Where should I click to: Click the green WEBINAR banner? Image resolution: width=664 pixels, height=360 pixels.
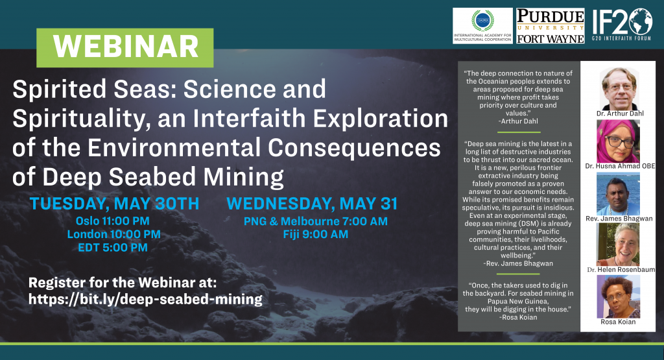[x=125, y=48]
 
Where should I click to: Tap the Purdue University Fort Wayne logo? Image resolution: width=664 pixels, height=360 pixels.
[x=550, y=26]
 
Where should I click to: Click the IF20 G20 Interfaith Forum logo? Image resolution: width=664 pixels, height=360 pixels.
[x=622, y=25]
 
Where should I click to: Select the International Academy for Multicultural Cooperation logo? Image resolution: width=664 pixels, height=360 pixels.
[x=482, y=26]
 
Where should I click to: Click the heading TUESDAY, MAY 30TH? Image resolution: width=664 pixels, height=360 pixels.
[x=114, y=204]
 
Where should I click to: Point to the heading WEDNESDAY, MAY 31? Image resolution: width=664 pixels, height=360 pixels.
[x=312, y=204]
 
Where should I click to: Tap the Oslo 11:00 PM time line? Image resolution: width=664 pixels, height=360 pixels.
[x=113, y=221]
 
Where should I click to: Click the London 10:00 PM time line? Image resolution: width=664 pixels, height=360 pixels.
[x=114, y=234]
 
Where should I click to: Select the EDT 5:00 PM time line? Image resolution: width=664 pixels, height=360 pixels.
[x=113, y=247]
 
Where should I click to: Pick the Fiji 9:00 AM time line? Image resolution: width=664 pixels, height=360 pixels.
[x=316, y=234]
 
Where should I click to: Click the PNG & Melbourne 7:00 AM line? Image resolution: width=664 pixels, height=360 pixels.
[x=316, y=221]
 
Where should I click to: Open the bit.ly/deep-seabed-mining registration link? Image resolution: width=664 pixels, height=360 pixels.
[x=145, y=299]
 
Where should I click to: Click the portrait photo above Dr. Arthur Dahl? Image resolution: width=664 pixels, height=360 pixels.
[x=619, y=88]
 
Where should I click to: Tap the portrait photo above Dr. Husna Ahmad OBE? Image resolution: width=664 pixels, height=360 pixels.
[x=618, y=141]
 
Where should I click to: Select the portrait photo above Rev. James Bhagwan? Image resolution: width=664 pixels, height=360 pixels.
[x=618, y=193]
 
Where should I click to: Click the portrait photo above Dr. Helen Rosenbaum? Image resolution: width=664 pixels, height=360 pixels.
[x=618, y=245]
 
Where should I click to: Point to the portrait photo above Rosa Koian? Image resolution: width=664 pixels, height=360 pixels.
[x=618, y=296]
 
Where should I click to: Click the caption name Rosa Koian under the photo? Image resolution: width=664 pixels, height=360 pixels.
[x=618, y=322]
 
